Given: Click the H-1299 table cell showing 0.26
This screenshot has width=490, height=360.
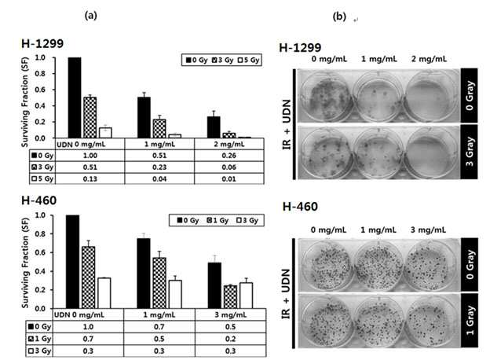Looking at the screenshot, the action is [x=229, y=156].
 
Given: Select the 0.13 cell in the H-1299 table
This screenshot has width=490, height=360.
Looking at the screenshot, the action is [x=90, y=179].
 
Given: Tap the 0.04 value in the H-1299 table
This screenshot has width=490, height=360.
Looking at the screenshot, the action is [x=159, y=179].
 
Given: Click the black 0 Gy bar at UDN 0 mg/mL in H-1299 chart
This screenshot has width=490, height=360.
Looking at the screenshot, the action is [x=75, y=97].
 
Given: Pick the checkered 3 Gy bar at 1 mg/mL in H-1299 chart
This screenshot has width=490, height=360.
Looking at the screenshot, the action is [x=159, y=129].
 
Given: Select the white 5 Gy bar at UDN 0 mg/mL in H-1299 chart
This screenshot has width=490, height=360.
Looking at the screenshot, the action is [x=105, y=133].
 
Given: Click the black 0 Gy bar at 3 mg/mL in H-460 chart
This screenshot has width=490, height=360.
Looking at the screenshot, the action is [x=214, y=285].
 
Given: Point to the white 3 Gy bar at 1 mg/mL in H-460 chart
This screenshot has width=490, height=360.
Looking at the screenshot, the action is [x=175, y=294].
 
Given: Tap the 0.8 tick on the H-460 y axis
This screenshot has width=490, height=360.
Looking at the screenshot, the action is [x=39, y=234].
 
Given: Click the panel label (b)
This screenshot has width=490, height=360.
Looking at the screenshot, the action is [x=339, y=17].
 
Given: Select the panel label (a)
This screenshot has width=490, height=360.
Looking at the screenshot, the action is [x=91, y=15].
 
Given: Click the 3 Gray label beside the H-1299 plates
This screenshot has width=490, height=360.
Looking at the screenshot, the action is [x=469, y=152].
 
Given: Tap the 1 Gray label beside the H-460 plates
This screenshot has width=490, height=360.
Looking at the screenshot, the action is [x=470, y=320].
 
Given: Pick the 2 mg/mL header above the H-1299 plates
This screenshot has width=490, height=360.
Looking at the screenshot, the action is [x=429, y=59].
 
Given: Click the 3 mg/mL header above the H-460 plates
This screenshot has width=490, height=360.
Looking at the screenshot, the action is [x=428, y=230].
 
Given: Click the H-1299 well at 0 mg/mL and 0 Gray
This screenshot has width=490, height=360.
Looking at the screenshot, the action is [x=326, y=97].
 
